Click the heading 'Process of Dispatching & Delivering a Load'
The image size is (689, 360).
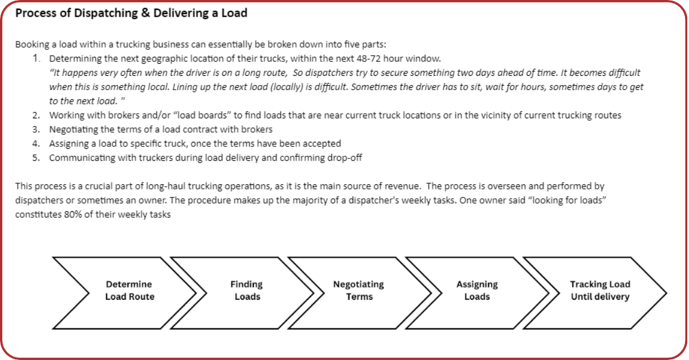[131, 13]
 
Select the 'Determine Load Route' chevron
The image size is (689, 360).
[129, 291]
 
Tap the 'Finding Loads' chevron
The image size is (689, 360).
[247, 291]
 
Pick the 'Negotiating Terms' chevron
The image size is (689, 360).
[359, 291]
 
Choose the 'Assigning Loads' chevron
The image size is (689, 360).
[477, 291]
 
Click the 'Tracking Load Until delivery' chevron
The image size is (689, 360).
[599, 291]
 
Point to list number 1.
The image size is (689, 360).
[37, 59]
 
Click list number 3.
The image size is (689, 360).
[37, 129]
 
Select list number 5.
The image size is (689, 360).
[37, 158]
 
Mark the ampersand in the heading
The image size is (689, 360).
[145, 13]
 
